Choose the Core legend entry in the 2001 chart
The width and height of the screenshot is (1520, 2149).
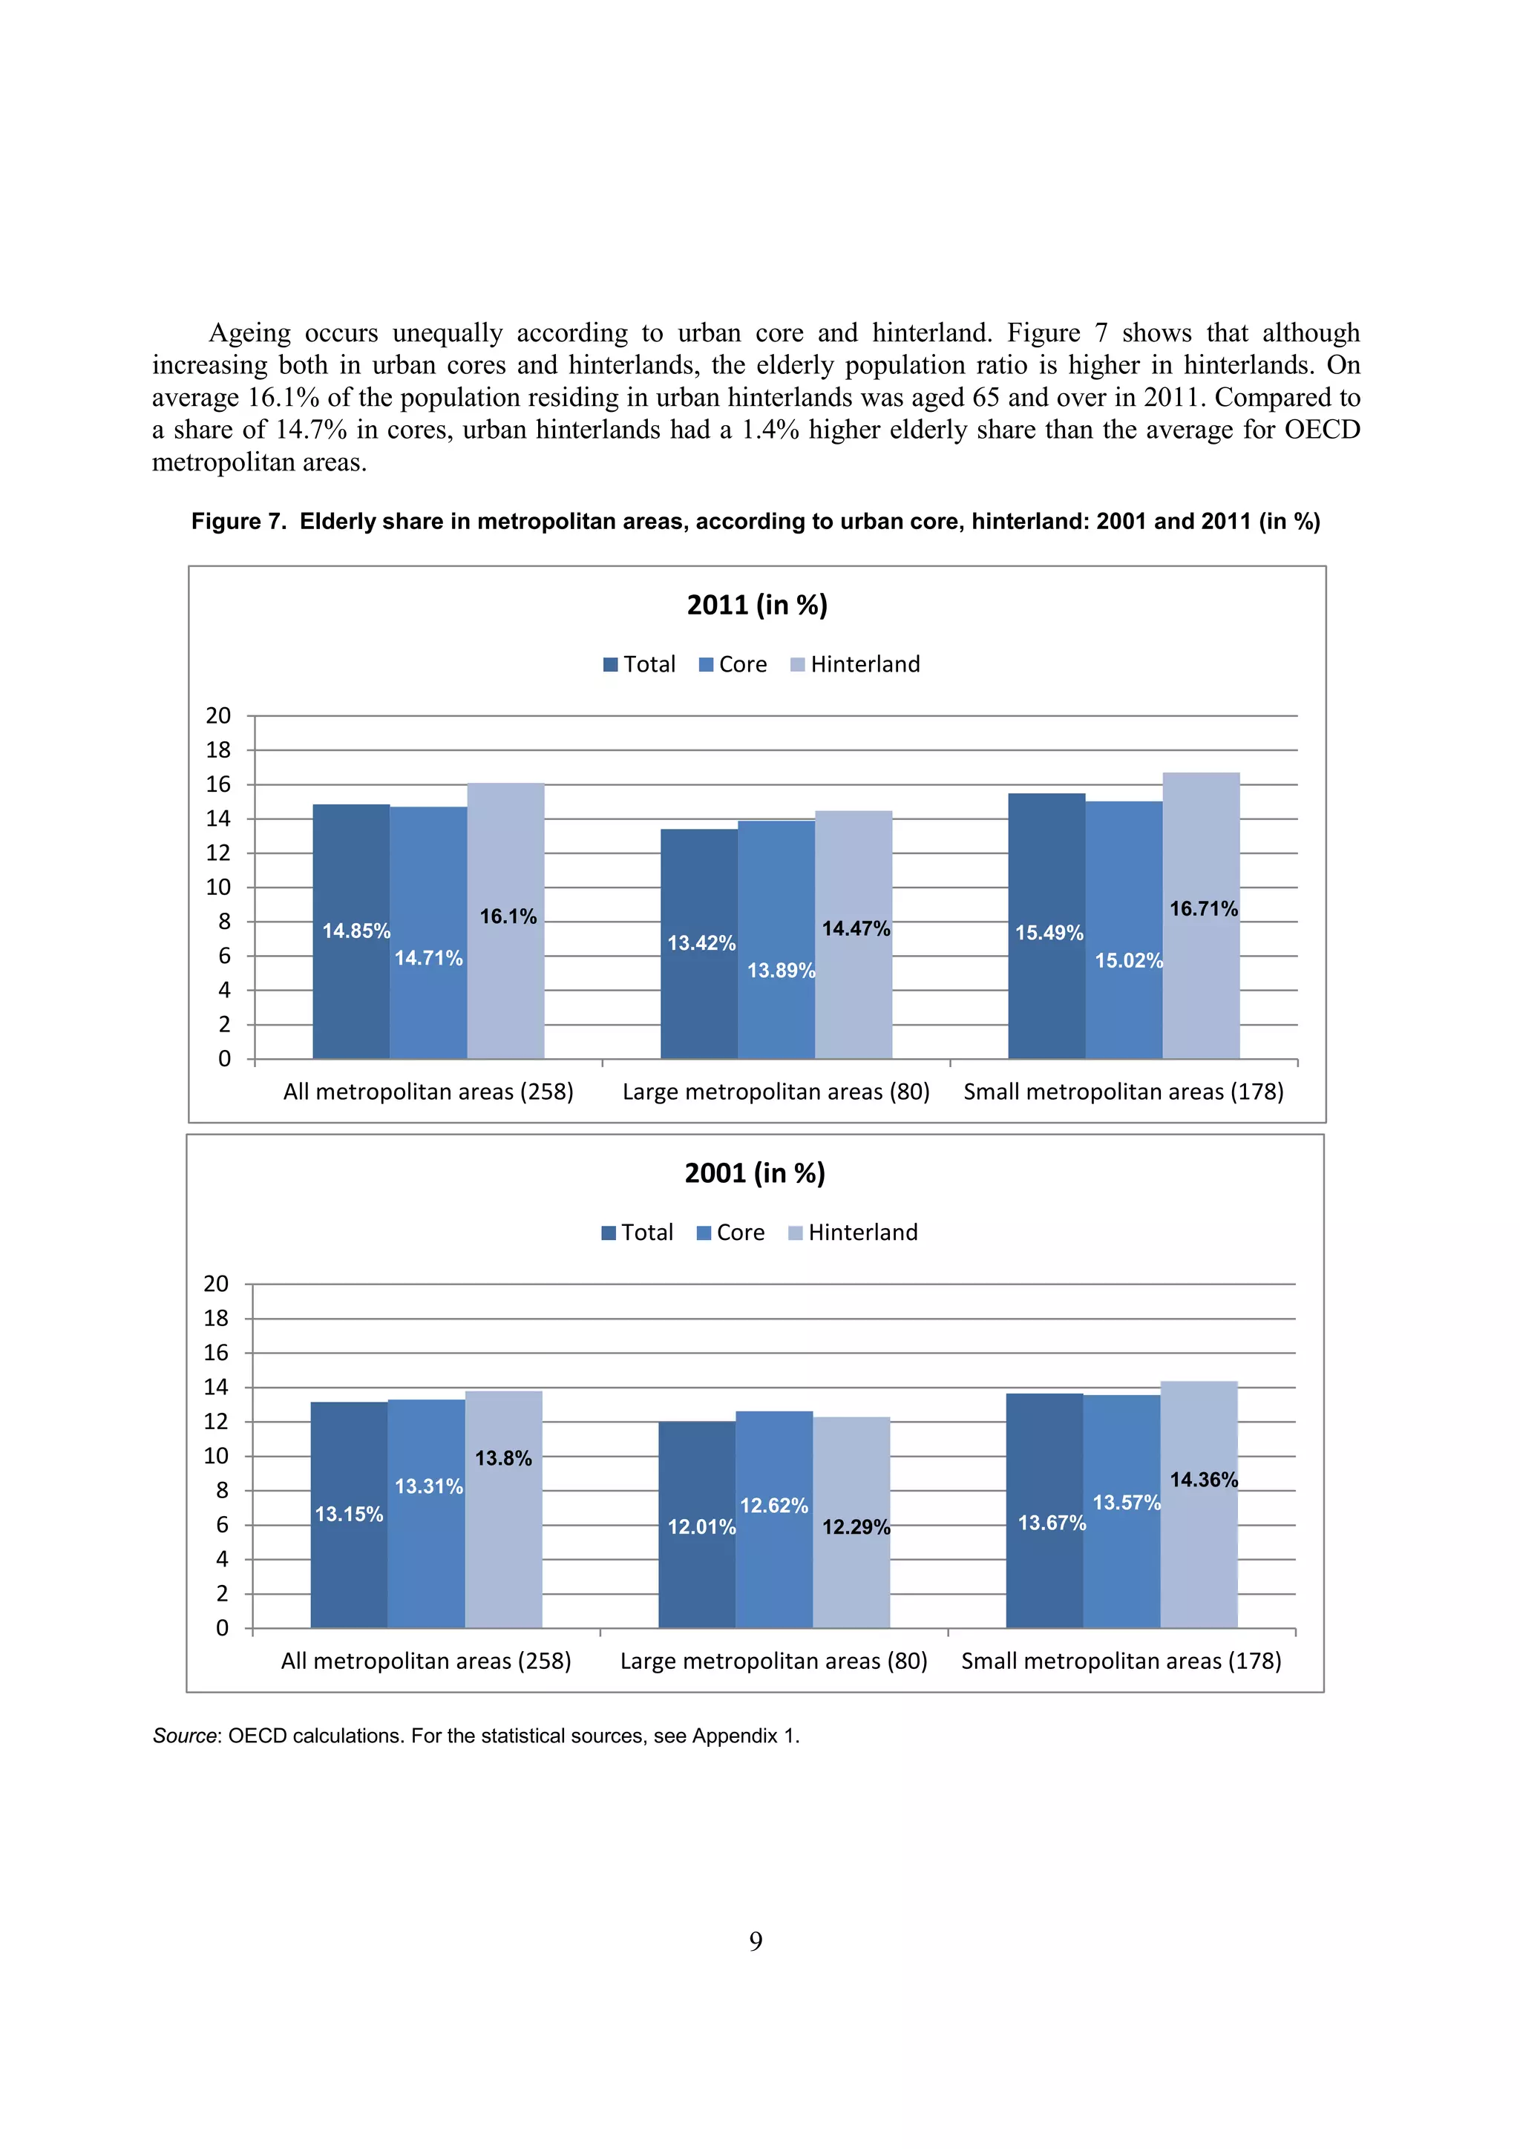click(x=730, y=1233)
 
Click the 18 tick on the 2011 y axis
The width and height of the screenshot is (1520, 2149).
click(x=218, y=749)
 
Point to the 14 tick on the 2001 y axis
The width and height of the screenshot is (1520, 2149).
click(x=216, y=1387)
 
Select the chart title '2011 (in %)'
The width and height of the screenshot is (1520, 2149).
click(x=757, y=605)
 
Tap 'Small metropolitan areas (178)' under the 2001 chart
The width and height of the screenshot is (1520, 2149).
click(x=1121, y=1661)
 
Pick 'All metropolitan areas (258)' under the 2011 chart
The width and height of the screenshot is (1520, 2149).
click(x=427, y=1092)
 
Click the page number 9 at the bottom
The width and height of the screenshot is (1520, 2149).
click(x=756, y=1942)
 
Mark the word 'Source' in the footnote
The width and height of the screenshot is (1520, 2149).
click(x=184, y=1736)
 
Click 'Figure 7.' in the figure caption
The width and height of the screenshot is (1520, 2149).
click(x=237, y=522)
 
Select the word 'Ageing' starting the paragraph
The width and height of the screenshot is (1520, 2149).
click(x=249, y=333)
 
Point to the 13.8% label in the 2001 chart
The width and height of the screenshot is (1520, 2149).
click(x=502, y=1458)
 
